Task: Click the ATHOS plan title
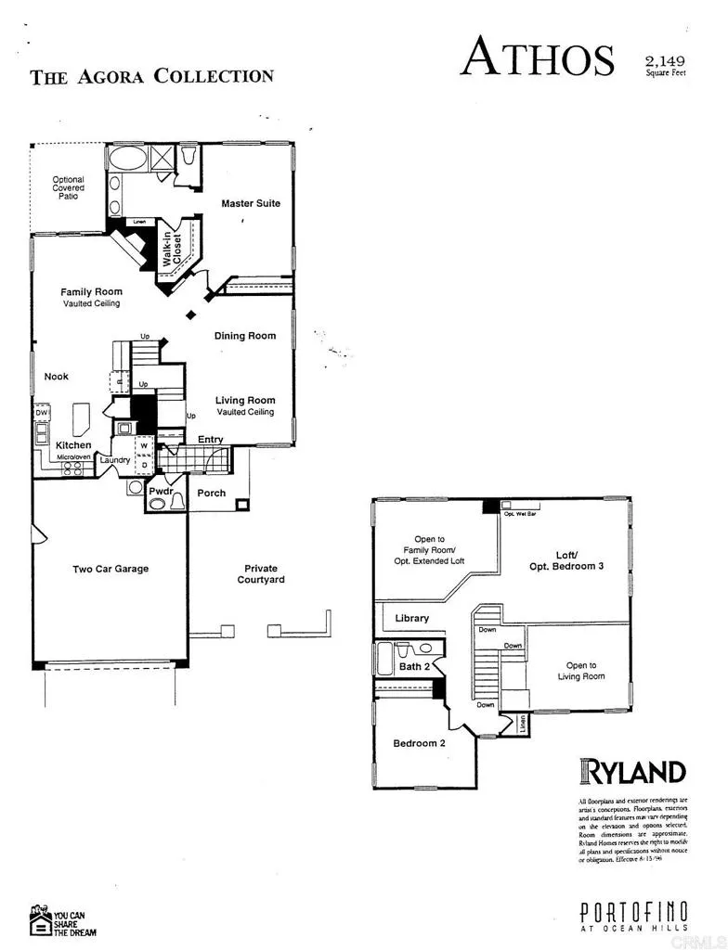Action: click(x=538, y=57)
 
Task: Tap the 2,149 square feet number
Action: click(x=666, y=61)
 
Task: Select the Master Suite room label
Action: click(x=250, y=203)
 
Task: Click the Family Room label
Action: click(x=91, y=292)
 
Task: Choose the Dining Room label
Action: click(x=245, y=336)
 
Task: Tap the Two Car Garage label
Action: click(x=110, y=569)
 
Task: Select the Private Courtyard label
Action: click(x=260, y=574)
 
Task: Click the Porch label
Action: click(x=211, y=493)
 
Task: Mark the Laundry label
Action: click(x=115, y=460)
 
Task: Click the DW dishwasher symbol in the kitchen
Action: click(x=42, y=414)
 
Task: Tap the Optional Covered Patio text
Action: click(x=68, y=188)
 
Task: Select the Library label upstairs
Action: click(x=411, y=618)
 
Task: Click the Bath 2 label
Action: click(x=414, y=666)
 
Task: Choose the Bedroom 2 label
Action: click(x=420, y=743)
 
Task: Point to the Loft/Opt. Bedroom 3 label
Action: click(x=566, y=559)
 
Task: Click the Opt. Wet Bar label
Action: click(x=519, y=513)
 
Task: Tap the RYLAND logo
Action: click(x=632, y=771)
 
